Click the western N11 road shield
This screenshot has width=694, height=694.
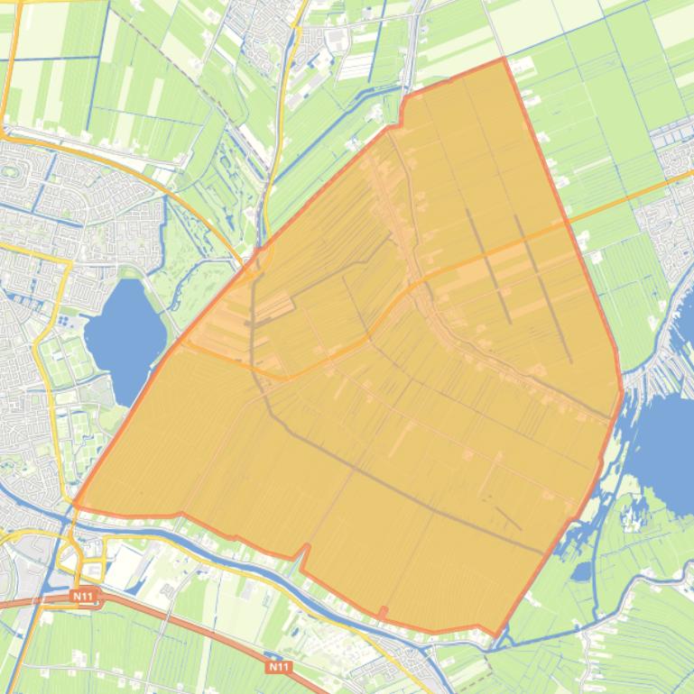(x=84, y=597)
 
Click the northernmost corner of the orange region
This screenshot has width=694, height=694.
(x=503, y=59)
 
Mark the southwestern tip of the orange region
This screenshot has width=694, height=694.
(x=75, y=507)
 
